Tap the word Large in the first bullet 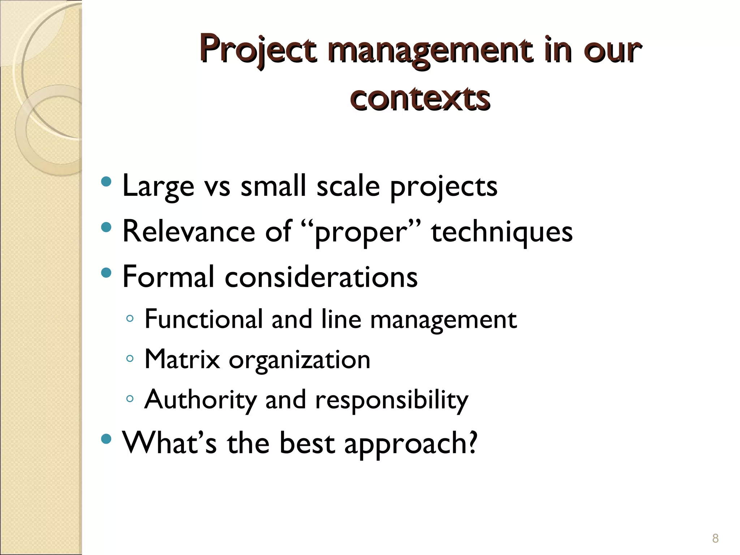click(158, 186)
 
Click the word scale click(348, 186)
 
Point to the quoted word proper click(361, 232)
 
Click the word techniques click(502, 232)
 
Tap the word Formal click(168, 276)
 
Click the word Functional click(203, 319)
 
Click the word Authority click(200, 400)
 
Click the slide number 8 click(715, 539)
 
